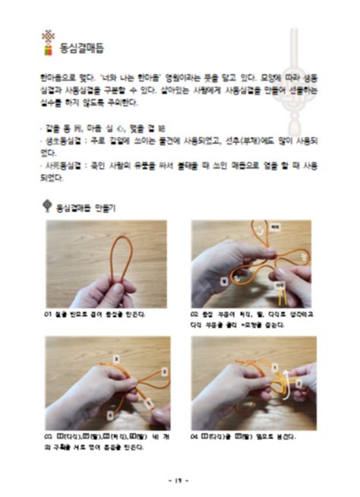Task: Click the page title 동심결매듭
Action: click(x=81, y=49)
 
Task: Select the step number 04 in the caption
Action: click(x=195, y=437)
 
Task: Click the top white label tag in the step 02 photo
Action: click(x=275, y=227)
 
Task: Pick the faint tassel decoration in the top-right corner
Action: click(x=294, y=84)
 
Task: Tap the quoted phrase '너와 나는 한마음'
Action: click(x=121, y=78)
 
